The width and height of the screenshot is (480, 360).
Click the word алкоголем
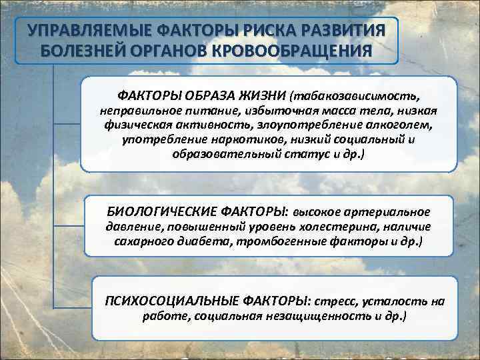coord(396,124)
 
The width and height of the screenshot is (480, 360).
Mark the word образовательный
coord(222,154)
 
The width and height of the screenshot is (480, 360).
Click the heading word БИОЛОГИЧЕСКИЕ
coord(157,212)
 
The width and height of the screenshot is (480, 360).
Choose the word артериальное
coord(389,212)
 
